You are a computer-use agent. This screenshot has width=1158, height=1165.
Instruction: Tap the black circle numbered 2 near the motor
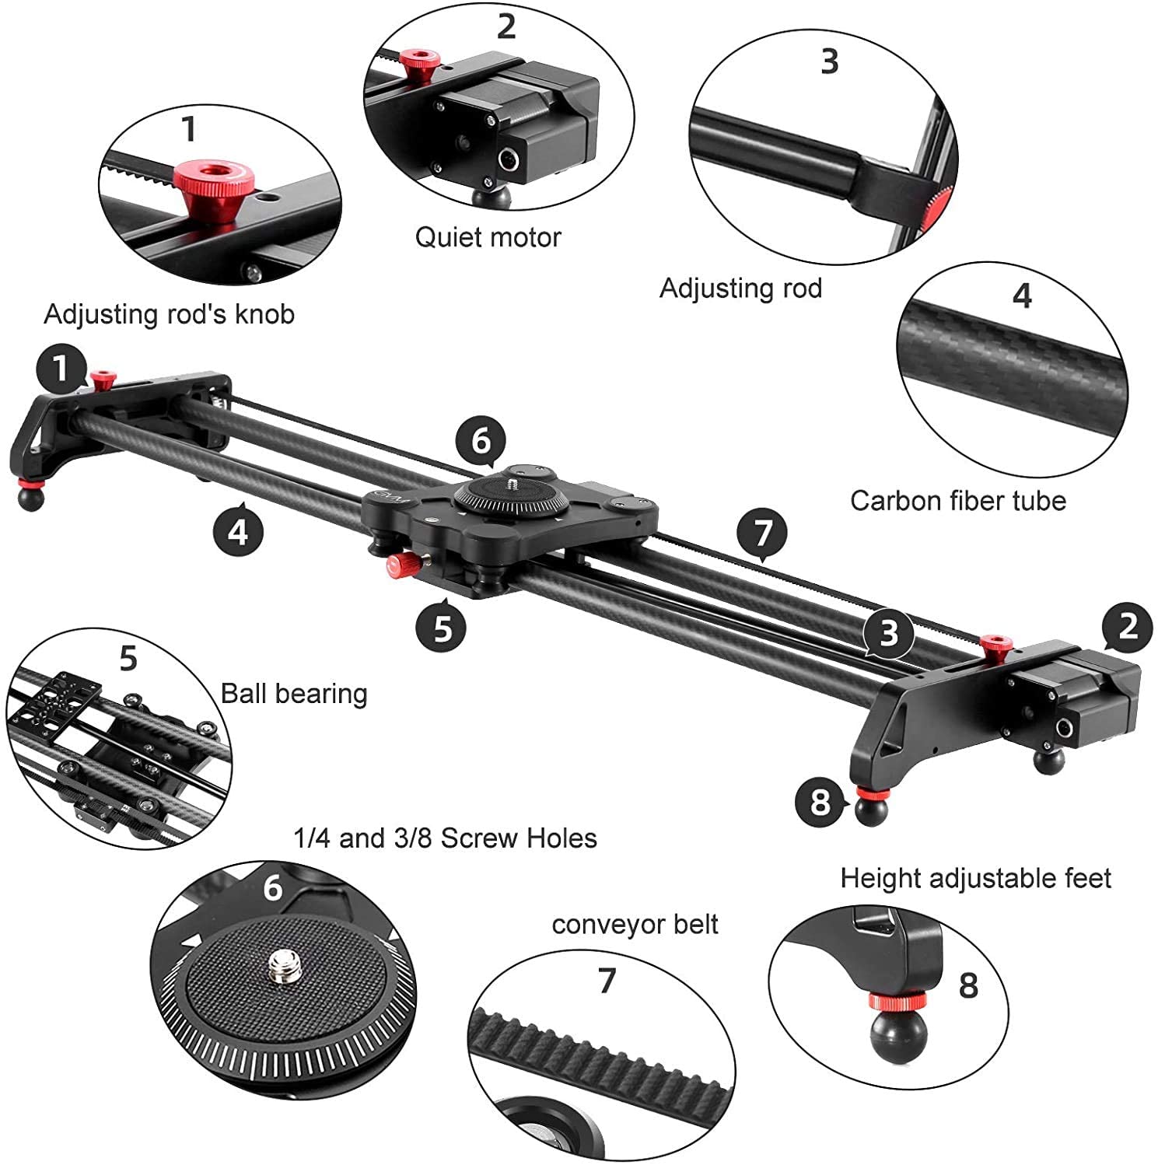(x=1127, y=626)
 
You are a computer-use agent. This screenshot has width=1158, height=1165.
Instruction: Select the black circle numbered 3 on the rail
(x=888, y=633)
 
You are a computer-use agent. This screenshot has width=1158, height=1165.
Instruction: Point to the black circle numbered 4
(x=238, y=532)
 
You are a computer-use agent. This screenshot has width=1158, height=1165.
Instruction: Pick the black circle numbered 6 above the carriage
(x=481, y=441)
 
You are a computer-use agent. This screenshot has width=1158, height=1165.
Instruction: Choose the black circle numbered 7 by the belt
(x=762, y=533)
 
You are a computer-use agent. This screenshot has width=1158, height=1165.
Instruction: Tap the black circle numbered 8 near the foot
(x=820, y=801)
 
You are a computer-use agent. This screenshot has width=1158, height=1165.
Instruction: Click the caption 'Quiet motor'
(x=488, y=237)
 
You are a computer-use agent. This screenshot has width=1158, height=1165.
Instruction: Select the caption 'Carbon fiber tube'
(x=957, y=501)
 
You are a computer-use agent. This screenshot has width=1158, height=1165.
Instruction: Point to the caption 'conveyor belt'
(x=635, y=924)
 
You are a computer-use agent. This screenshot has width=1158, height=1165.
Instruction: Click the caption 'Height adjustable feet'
(x=975, y=878)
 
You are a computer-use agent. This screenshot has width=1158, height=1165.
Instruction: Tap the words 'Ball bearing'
(x=294, y=693)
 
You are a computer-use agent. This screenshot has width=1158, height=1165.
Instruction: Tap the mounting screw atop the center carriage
(x=513, y=484)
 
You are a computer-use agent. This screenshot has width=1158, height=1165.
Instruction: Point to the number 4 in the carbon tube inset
(x=1022, y=296)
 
